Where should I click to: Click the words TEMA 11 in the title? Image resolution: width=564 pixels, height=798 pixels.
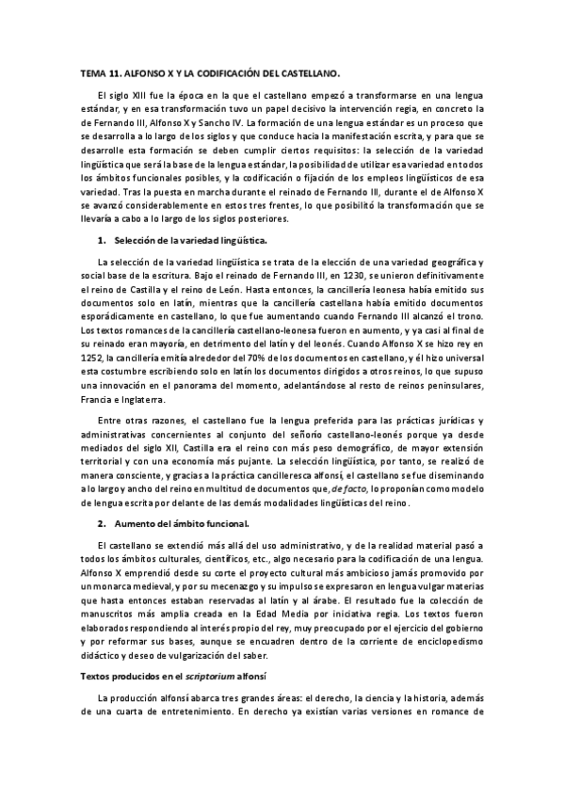tap(95, 72)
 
